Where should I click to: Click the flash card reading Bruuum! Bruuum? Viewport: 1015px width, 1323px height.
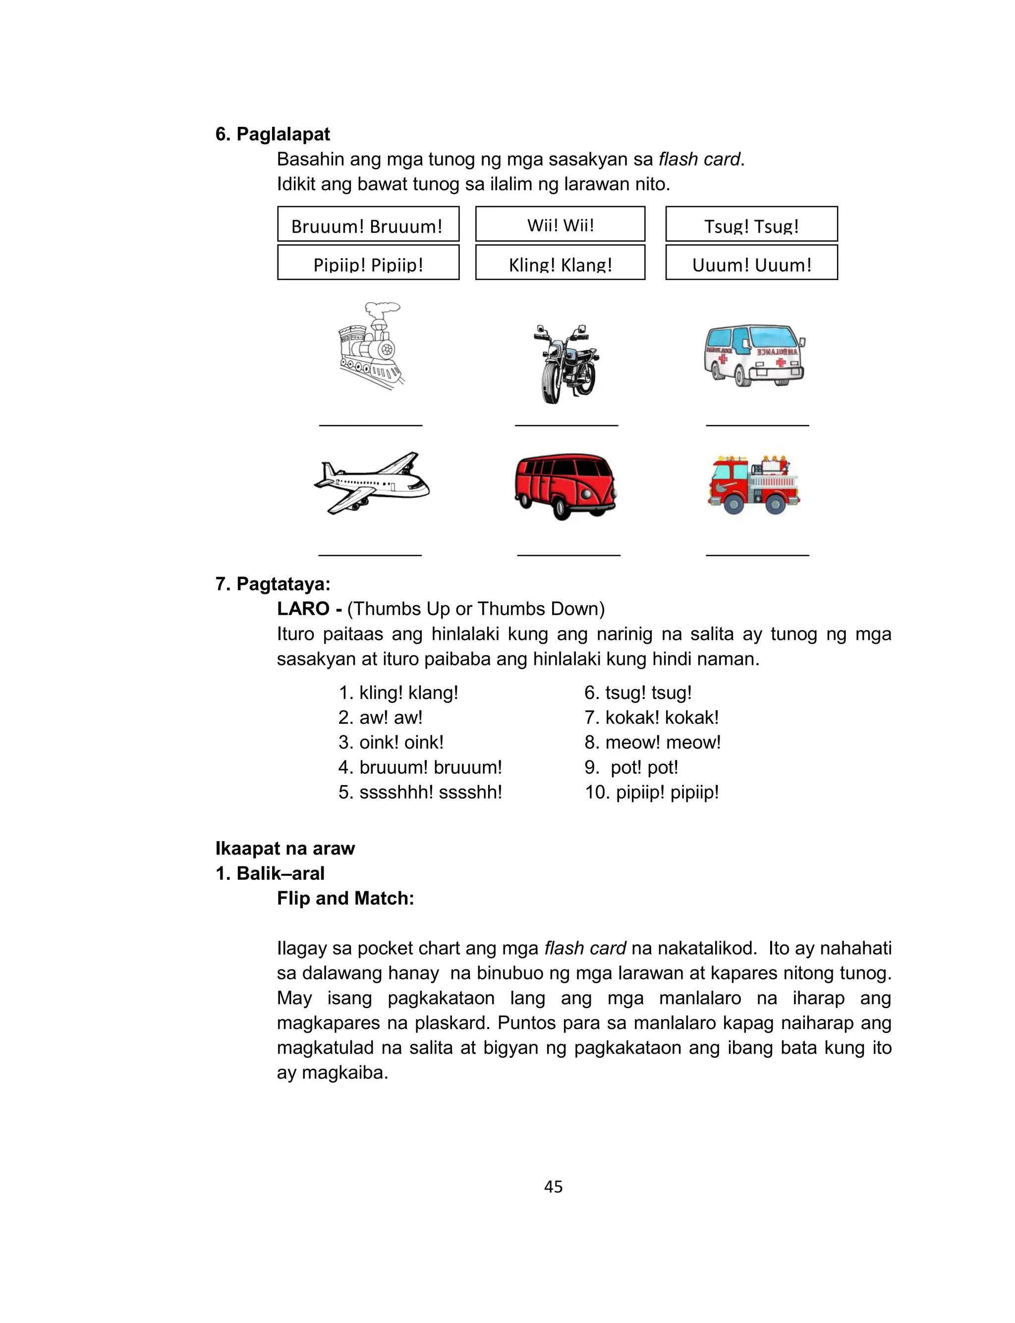pos(368,224)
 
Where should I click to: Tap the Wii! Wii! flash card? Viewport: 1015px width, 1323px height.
pos(560,224)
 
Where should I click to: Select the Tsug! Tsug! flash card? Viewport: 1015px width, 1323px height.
pos(751,224)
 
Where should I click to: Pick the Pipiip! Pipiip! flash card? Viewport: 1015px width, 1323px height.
pos(368,262)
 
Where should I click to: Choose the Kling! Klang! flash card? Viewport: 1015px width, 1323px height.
pos(560,262)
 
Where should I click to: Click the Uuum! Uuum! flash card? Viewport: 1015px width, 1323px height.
pos(751,262)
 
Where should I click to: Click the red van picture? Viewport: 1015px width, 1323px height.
pos(565,486)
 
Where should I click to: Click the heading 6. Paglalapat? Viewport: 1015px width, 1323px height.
pos(273,134)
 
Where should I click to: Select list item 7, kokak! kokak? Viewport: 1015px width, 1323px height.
pos(651,717)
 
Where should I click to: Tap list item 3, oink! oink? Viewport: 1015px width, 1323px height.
pos(391,742)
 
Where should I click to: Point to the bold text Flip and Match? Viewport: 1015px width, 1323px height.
pos(345,898)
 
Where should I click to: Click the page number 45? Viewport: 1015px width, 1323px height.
pos(553,1187)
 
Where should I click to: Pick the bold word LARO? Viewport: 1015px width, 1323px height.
pos(303,608)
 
